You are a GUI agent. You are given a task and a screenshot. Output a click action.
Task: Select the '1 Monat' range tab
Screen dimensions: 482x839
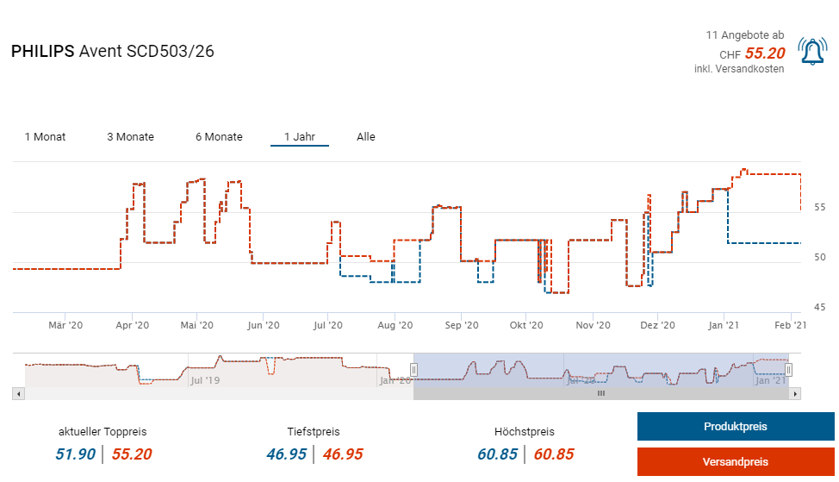[45, 136]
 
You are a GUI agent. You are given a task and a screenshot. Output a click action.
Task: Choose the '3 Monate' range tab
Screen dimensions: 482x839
[130, 136]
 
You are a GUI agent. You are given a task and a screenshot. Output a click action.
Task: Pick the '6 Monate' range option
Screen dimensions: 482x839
[219, 136]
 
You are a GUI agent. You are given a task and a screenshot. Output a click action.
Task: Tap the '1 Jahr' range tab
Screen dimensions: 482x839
[300, 136]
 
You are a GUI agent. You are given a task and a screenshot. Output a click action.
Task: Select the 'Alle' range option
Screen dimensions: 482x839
[366, 136]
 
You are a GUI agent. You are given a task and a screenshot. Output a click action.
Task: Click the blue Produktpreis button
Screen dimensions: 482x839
[735, 427]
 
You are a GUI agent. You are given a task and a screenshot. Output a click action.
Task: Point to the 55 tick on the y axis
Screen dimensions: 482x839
[820, 208]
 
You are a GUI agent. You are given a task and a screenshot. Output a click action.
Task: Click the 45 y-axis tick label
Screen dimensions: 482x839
[820, 307]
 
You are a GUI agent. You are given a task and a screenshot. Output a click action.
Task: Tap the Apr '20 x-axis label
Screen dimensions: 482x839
[132, 325]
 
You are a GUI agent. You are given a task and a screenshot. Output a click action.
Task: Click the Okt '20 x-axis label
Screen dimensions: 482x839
[526, 325]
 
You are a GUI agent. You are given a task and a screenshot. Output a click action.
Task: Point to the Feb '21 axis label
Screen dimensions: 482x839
[790, 325]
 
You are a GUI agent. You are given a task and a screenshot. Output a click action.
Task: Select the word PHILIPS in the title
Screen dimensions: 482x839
[42, 52]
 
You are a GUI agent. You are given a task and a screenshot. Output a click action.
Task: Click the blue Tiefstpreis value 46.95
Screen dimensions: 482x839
[286, 454]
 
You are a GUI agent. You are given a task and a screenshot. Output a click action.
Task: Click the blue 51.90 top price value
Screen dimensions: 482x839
[77, 454]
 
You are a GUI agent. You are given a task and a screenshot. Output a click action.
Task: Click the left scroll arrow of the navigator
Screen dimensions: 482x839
[18, 393]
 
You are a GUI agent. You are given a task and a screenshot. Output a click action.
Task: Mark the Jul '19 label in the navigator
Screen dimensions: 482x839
[204, 379]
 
